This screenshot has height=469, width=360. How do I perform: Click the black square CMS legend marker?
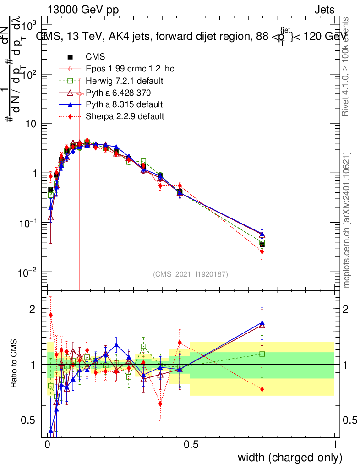(x=70, y=57)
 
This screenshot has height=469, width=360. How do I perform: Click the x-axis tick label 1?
(x=335, y=445)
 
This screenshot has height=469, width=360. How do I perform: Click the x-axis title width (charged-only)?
(x=289, y=458)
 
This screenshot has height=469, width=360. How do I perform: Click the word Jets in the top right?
(x=324, y=10)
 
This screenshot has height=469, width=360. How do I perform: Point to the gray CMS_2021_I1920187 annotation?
(x=191, y=274)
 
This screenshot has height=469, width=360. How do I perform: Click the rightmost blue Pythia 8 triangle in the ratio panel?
(x=262, y=322)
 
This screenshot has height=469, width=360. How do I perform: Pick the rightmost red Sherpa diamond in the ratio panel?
(x=262, y=389)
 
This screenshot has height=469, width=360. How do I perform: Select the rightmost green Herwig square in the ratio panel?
(x=262, y=354)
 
